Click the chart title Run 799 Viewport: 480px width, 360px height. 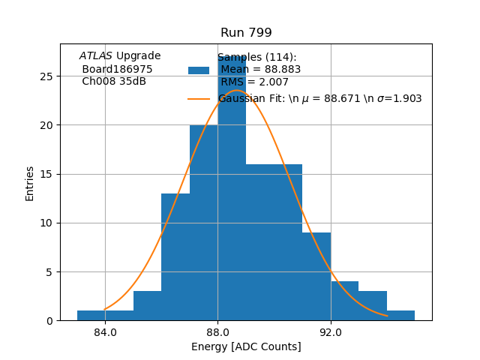tap(246, 33)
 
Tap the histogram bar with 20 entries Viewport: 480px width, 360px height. tap(203, 225)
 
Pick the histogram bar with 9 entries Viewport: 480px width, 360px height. tap(316, 277)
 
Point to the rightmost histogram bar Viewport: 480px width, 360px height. tap(400, 316)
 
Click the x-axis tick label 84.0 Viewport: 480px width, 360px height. tap(105, 333)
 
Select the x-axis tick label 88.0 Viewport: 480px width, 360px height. tap(217, 333)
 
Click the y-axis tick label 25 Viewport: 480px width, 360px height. tap(46, 76)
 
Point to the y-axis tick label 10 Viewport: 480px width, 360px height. tap(46, 223)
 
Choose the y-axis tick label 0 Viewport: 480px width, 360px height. tap(49, 321)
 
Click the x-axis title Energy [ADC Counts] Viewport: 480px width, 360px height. tap(246, 347)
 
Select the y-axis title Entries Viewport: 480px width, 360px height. tap(30, 184)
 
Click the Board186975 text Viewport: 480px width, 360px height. tap(117, 69)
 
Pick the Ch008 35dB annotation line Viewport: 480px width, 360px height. tap(114, 82)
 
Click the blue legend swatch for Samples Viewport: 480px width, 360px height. tap(199, 70)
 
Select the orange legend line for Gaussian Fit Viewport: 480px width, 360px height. tap(199, 98)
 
